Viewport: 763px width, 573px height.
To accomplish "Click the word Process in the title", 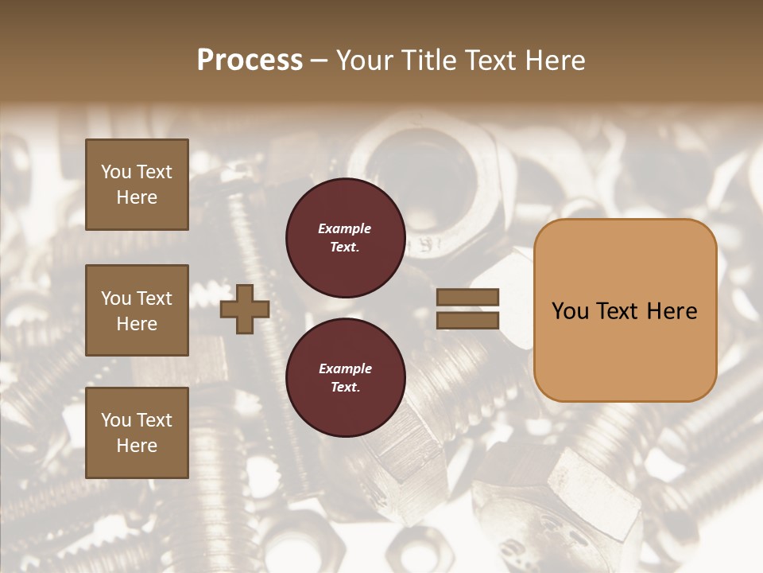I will [x=250, y=60].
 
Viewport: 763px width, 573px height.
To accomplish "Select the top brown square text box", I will [x=137, y=185].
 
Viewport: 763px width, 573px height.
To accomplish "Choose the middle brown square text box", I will [x=137, y=310].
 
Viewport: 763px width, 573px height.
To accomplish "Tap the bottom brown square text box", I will [x=137, y=433].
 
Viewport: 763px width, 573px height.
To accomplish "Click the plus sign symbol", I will [x=245, y=310].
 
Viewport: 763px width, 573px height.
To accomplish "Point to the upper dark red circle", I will [x=345, y=238].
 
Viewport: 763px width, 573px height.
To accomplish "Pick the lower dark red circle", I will [x=345, y=378].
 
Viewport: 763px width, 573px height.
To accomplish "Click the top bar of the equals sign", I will [x=467, y=298].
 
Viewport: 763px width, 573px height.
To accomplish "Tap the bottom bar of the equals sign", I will [x=467, y=321].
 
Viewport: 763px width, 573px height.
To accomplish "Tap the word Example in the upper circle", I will [x=345, y=229].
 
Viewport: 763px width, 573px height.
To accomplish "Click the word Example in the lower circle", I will [x=345, y=369].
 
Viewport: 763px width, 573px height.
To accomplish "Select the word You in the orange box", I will [x=570, y=311].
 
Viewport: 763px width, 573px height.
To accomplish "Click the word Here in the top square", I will [x=137, y=197].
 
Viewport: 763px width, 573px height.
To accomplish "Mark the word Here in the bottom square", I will [x=137, y=446].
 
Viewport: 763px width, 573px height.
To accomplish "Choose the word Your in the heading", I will [x=367, y=60].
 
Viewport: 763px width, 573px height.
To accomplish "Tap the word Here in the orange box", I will [x=672, y=311].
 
